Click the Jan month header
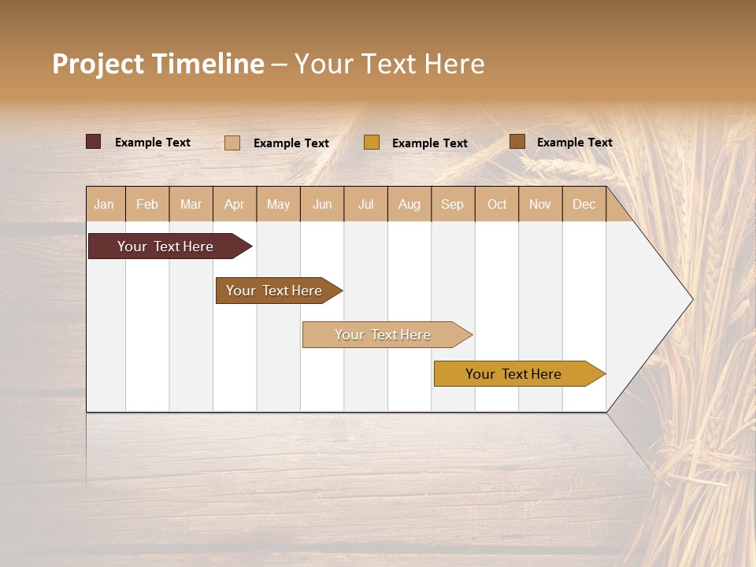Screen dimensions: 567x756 tap(105, 204)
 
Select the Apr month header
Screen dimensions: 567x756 tap(235, 204)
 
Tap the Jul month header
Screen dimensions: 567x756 tap(365, 204)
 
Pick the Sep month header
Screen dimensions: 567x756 tap(453, 204)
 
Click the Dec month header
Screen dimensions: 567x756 tap(584, 204)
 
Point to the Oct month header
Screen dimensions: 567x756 tap(497, 204)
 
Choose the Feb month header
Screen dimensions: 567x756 tap(147, 204)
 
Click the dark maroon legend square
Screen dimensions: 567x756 tap(93, 142)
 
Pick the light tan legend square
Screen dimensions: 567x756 tap(232, 143)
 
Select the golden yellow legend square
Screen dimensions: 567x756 tap(371, 143)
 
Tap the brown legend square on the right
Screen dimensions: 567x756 tap(517, 142)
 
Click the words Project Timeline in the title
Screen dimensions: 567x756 tap(157, 64)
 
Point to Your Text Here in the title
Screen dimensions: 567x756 tap(389, 64)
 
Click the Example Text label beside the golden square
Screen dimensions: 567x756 tap(429, 143)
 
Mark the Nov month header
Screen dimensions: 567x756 tap(540, 204)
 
